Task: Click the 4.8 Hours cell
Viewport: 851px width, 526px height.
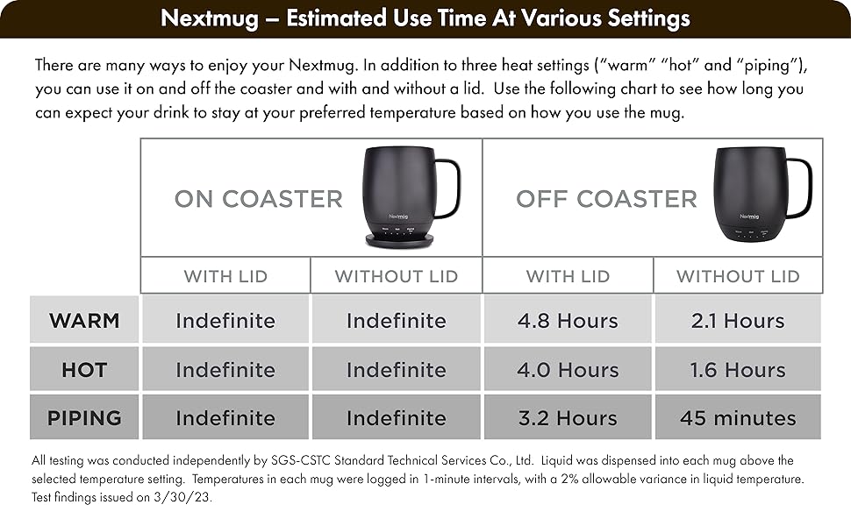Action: click(x=568, y=321)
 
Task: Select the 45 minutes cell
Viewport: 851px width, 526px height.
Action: click(x=738, y=417)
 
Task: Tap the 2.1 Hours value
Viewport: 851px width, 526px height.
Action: click(x=738, y=321)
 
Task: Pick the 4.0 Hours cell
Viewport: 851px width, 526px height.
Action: click(x=568, y=369)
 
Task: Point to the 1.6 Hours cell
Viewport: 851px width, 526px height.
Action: click(x=738, y=369)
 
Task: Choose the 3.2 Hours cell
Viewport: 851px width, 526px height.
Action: click(x=568, y=417)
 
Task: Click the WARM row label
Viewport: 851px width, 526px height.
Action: click(x=84, y=321)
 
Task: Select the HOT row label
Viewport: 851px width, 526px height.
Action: click(x=84, y=370)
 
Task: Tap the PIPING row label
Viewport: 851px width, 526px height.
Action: click(x=84, y=418)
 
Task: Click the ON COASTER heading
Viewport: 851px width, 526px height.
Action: click(x=258, y=199)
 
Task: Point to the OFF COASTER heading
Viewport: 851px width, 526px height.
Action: click(x=606, y=199)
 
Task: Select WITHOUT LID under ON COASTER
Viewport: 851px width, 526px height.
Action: click(x=397, y=276)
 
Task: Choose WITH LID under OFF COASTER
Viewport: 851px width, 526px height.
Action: click(x=568, y=276)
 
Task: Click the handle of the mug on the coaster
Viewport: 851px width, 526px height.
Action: click(x=457, y=187)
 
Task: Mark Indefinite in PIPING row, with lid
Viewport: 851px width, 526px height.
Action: click(x=225, y=418)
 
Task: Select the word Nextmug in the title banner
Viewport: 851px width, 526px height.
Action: click(x=210, y=18)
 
